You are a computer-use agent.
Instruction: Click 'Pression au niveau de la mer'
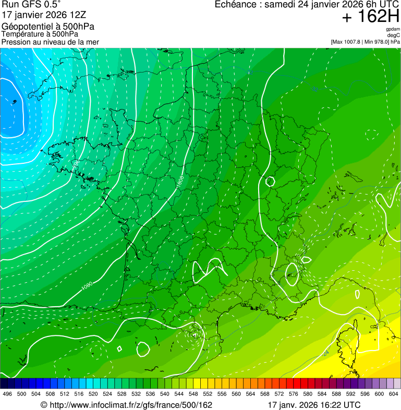(x=50, y=42)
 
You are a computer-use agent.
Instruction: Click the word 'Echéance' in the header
(x=237, y=5)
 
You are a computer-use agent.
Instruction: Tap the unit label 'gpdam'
(x=393, y=29)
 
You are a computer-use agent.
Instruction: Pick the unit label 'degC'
(x=394, y=35)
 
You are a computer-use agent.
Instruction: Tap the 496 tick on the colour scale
(x=7, y=394)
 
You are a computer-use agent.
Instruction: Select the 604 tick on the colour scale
(x=394, y=394)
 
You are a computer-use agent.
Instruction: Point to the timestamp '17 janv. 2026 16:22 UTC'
(x=313, y=405)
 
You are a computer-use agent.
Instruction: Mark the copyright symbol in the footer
(x=44, y=405)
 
